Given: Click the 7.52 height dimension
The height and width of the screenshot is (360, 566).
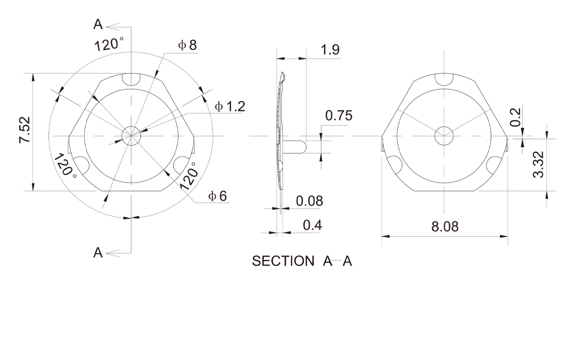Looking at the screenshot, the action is tap(25, 129).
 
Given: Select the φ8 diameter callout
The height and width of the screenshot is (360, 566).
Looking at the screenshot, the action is tap(187, 45).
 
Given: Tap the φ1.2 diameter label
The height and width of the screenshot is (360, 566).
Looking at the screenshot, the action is tap(230, 106).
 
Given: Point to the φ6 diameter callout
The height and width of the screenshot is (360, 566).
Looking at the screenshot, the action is tap(218, 196).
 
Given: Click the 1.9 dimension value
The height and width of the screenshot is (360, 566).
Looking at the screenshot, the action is tap(331, 50).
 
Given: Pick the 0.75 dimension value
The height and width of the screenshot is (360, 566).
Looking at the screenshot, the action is tap(339, 116).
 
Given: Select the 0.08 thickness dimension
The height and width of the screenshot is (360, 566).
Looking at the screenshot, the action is tap(309, 201).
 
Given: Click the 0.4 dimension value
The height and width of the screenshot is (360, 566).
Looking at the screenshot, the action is tap(312, 225).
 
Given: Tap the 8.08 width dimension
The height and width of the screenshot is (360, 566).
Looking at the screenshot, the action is tap(445, 227).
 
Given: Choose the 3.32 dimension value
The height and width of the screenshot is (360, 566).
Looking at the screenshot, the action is tap(538, 164).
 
